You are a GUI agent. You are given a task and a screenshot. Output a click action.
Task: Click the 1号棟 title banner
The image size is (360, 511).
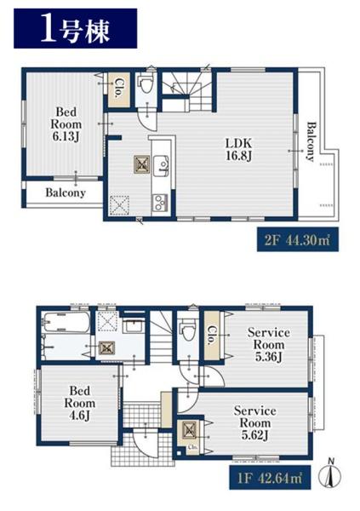tap(75, 28)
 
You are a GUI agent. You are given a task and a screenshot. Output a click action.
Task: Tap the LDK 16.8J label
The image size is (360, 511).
tap(239, 150)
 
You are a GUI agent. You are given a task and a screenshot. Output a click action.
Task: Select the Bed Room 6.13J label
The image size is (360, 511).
tap(66, 124)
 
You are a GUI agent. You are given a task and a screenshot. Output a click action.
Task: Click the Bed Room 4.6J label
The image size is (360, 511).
tap(79, 403)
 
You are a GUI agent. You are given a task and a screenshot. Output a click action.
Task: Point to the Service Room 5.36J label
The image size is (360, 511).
tap(268, 344)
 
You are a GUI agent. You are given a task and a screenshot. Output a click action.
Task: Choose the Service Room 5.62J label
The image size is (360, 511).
tap(254, 422)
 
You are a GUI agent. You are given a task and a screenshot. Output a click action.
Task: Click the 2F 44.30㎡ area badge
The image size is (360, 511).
tap(298, 240)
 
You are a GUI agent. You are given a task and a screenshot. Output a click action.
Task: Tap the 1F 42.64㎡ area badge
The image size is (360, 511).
tap(270, 478)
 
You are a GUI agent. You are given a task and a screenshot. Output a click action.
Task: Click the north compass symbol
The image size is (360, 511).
tap(332, 475)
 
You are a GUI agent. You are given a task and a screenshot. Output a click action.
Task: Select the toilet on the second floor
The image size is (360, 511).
tap(146, 83)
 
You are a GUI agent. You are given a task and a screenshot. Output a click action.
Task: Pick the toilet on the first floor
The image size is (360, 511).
tap(187, 330)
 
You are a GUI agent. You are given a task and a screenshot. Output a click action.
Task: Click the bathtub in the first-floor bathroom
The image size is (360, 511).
tap(66, 323)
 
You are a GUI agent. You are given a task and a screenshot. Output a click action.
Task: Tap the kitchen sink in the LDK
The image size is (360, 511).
tap(161, 165)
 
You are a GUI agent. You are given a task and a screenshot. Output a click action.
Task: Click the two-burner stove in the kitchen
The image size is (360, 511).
tap(161, 203)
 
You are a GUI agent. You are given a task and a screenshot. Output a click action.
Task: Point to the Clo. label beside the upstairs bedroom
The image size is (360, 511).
tap(118, 89)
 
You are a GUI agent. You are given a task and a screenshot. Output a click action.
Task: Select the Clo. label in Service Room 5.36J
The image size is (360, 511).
tap(211, 336)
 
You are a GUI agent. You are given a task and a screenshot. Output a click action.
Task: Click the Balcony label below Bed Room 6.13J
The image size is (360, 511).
tap(66, 192)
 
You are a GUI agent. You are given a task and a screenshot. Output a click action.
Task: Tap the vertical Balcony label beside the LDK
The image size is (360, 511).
tap(311, 141)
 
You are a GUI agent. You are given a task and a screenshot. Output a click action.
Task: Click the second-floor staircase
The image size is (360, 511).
tap(186, 92)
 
